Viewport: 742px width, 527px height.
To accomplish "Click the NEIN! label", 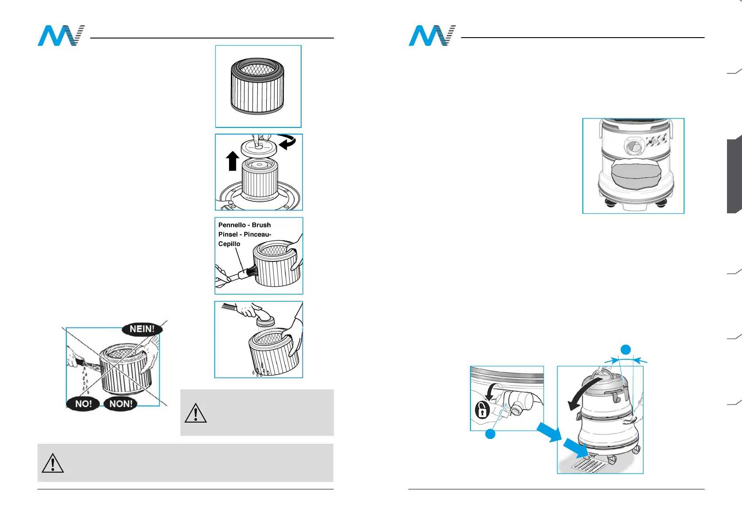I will click(142, 329).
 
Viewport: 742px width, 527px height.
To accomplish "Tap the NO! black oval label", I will click(83, 404).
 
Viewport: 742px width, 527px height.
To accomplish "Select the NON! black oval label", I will click(121, 404).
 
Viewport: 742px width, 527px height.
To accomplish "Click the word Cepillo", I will click(229, 244).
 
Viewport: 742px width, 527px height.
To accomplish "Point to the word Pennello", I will click(232, 225).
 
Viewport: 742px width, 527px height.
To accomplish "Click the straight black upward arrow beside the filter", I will click(233, 161).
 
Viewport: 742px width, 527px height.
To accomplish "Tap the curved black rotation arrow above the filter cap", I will click(287, 142).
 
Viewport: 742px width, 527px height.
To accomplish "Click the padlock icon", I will click(482, 409).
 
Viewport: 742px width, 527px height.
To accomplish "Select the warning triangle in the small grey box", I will click(195, 413).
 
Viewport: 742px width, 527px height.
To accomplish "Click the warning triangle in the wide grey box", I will click(53, 463).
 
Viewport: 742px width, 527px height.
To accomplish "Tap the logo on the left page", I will click(61, 36).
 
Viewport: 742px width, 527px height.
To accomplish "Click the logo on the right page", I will click(432, 36).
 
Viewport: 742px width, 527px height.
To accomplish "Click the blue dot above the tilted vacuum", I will click(625, 350).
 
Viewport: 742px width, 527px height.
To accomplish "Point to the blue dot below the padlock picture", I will click(490, 435).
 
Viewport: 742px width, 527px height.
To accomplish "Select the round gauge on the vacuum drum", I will click(633, 146).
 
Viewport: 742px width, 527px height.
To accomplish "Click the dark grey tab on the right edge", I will click(734, 176).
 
